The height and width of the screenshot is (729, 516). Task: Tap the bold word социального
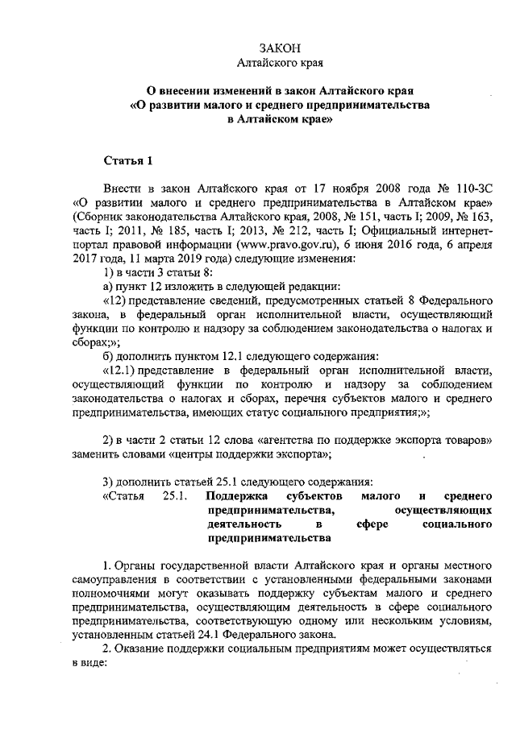point(457,524)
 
